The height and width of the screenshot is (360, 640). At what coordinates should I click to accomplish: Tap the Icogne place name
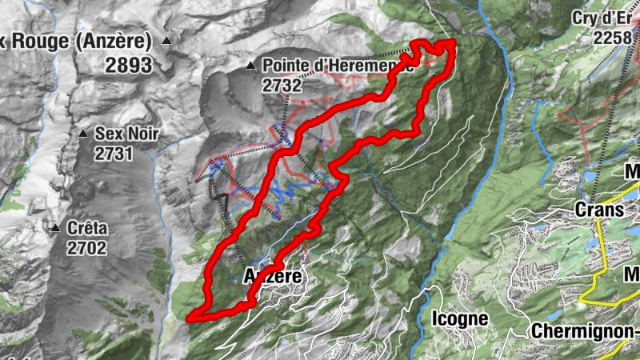click(459, 318)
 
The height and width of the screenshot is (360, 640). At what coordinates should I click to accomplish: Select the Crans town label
click(598, 209)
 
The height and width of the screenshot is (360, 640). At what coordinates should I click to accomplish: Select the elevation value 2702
click(86, 248)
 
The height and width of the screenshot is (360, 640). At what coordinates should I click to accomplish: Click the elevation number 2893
click(128, 66)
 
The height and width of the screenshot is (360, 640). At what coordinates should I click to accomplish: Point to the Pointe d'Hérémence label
click(337, 66)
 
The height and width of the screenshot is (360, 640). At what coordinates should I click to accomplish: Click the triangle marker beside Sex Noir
click(83, 134)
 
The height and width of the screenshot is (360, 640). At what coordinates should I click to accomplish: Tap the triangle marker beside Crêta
click(55, 229)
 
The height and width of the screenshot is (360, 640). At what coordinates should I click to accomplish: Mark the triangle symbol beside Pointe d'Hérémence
click(251, 66)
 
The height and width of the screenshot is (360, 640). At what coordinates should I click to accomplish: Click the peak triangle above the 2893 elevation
click(166, 40)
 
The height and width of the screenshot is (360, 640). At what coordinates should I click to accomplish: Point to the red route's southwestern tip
click(190, 318)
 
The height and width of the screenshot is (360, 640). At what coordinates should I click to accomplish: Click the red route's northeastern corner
click(452, 42)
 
